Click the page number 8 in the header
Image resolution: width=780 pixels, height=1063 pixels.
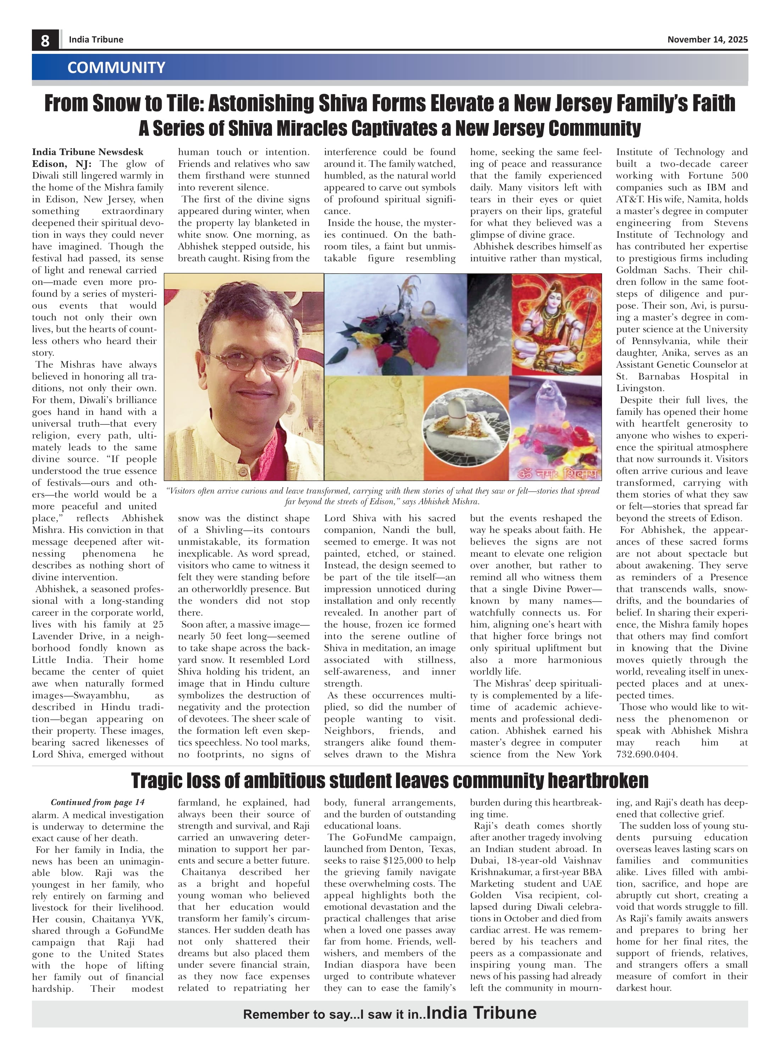click(45, 40)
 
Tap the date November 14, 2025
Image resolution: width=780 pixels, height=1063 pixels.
click(707, 40)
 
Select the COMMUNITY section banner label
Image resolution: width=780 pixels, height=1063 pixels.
click(116, 67)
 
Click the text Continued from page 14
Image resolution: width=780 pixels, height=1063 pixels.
click(98, 802)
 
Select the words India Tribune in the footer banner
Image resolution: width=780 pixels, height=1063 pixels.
click(481, 1013)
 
